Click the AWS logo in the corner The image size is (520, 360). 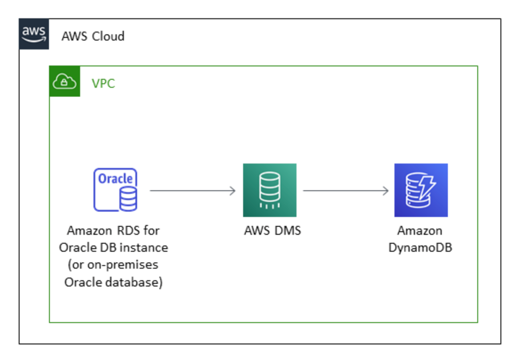[34, 34]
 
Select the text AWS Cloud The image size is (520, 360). [93, 36]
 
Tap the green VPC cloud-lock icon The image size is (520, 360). [65, 82]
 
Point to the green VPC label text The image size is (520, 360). [103, 83]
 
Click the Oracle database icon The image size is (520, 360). [115, 189]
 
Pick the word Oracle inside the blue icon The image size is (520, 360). [115, 179]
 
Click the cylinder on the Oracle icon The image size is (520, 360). [127, 199]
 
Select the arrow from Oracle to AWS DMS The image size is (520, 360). [192, 191]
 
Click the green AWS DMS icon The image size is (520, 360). [269, 190]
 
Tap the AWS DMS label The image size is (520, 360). [272, 231]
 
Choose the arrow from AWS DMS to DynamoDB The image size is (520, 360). [345, 191]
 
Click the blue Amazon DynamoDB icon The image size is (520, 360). [421, 190]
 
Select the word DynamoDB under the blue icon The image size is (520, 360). [420, 248]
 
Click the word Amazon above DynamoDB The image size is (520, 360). [420, 231]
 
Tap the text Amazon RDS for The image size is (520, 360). [113, 231]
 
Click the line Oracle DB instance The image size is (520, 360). [114, 248]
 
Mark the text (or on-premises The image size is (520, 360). [113, 265]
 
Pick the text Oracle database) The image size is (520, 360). [114, 282]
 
